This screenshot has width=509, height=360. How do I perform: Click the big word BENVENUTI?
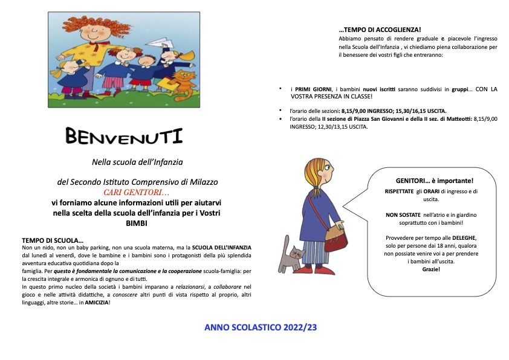tap(124, 137)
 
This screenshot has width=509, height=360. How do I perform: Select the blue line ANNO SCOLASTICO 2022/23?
tap(261, 327)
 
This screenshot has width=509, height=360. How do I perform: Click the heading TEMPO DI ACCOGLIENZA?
tap(380, 30)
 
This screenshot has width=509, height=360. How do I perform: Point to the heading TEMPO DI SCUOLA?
tap(53, 240)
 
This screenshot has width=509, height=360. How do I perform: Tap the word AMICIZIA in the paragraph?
tap(91, 302)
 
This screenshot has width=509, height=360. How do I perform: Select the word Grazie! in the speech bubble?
tap(431, 269)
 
